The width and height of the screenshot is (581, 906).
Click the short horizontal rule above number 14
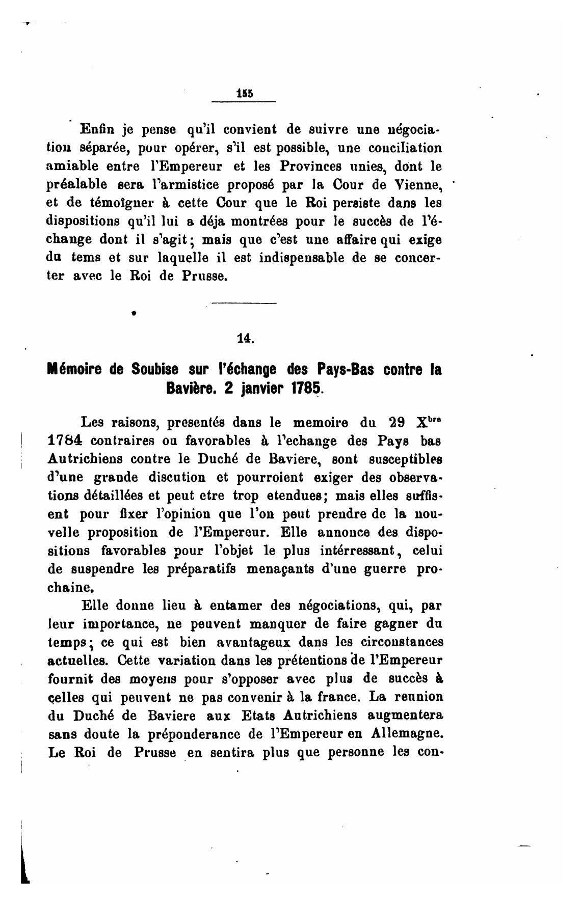(244, 304)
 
